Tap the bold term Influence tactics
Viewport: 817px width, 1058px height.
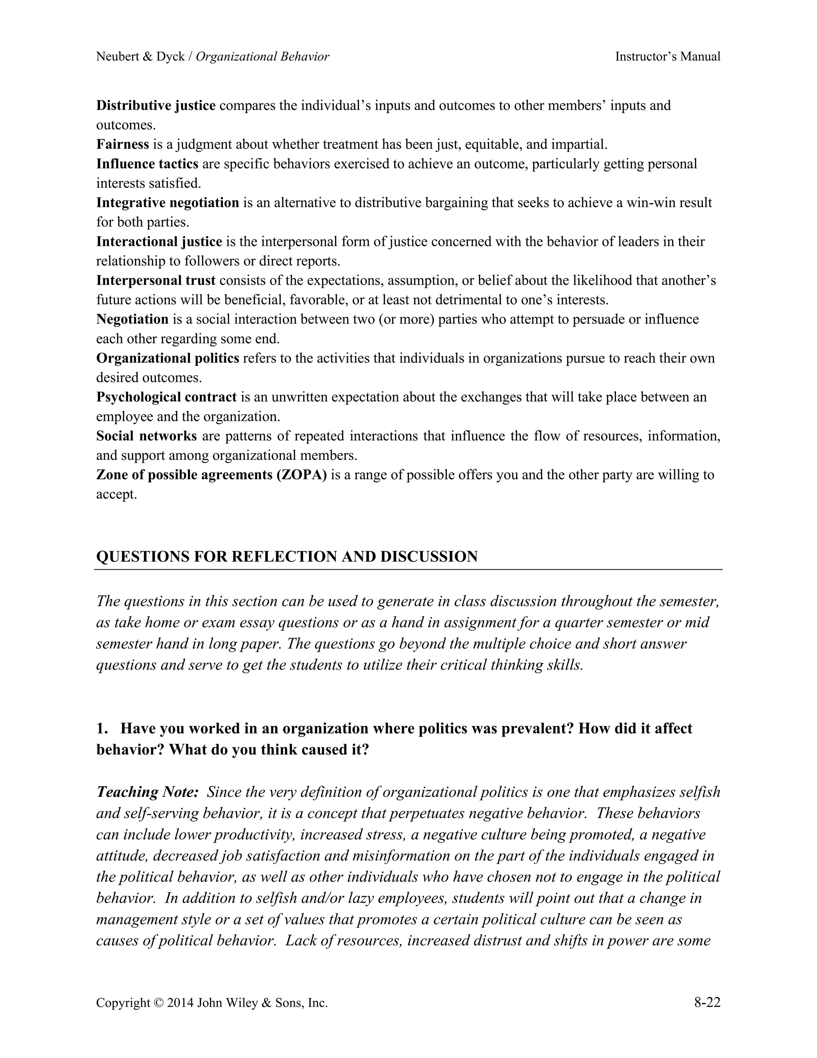(147, 164)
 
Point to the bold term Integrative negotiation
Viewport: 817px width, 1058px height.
(168, 202)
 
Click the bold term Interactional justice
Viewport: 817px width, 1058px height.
(159, 241)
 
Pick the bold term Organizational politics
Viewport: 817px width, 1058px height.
(168, 358)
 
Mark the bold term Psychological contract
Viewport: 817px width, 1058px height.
(166, 397)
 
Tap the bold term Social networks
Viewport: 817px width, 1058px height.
(146, 436)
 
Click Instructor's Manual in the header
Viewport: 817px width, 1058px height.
(667, 57)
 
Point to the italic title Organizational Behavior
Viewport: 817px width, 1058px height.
(262, 57)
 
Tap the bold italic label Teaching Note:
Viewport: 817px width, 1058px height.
(148, 792)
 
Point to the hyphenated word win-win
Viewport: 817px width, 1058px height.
(651, 202)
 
